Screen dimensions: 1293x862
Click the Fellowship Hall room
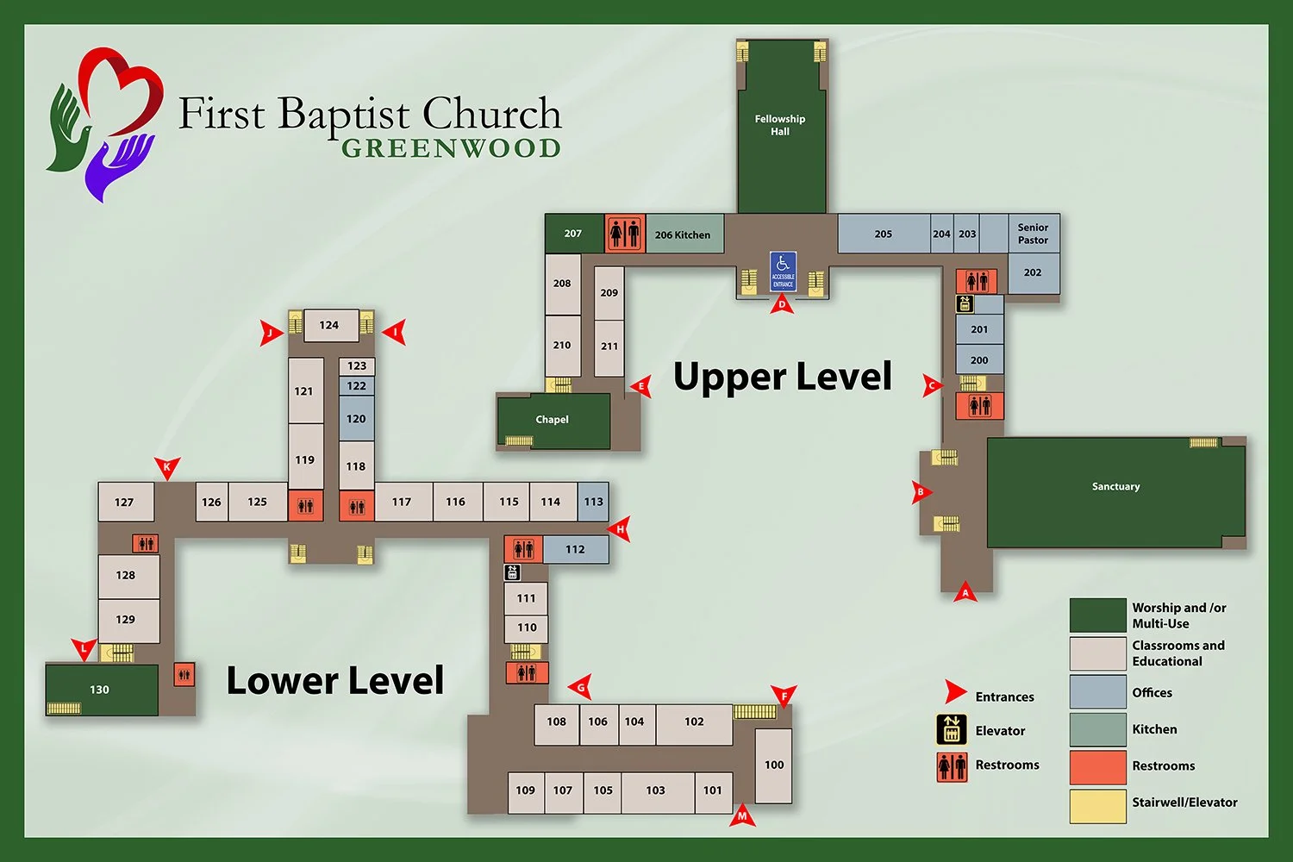(781, 126)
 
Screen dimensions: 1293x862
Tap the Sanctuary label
(1115, 487)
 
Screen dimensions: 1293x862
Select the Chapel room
(553, 420)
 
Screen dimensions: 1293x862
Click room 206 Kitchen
(684, 234)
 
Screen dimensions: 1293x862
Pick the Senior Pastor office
(1033, 234)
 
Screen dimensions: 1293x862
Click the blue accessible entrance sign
(783, 271)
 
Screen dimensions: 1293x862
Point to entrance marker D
(782, 303)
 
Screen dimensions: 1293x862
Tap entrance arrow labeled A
(965, 592)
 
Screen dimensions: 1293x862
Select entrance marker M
(742, 815)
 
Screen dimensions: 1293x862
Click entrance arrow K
(167, 468)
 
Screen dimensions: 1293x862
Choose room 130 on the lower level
(101, 690)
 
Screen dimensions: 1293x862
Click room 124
(330, 325)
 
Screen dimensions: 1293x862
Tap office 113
(593, 502)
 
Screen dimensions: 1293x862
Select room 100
(773, 765)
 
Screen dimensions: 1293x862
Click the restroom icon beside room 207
(625, 233)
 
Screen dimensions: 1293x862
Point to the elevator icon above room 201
(965, 303)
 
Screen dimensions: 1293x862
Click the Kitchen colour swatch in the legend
(1097, 729)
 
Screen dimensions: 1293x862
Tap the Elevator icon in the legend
(952, 730)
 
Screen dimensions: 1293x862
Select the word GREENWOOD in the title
(451, 148)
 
